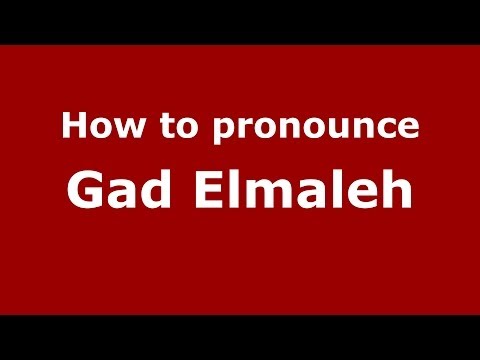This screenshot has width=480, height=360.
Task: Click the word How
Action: (96, 127)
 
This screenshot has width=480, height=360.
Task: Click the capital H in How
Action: (72, 127)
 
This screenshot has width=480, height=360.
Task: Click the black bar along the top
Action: (240, 21)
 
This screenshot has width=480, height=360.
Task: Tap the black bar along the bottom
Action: (240, 337)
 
